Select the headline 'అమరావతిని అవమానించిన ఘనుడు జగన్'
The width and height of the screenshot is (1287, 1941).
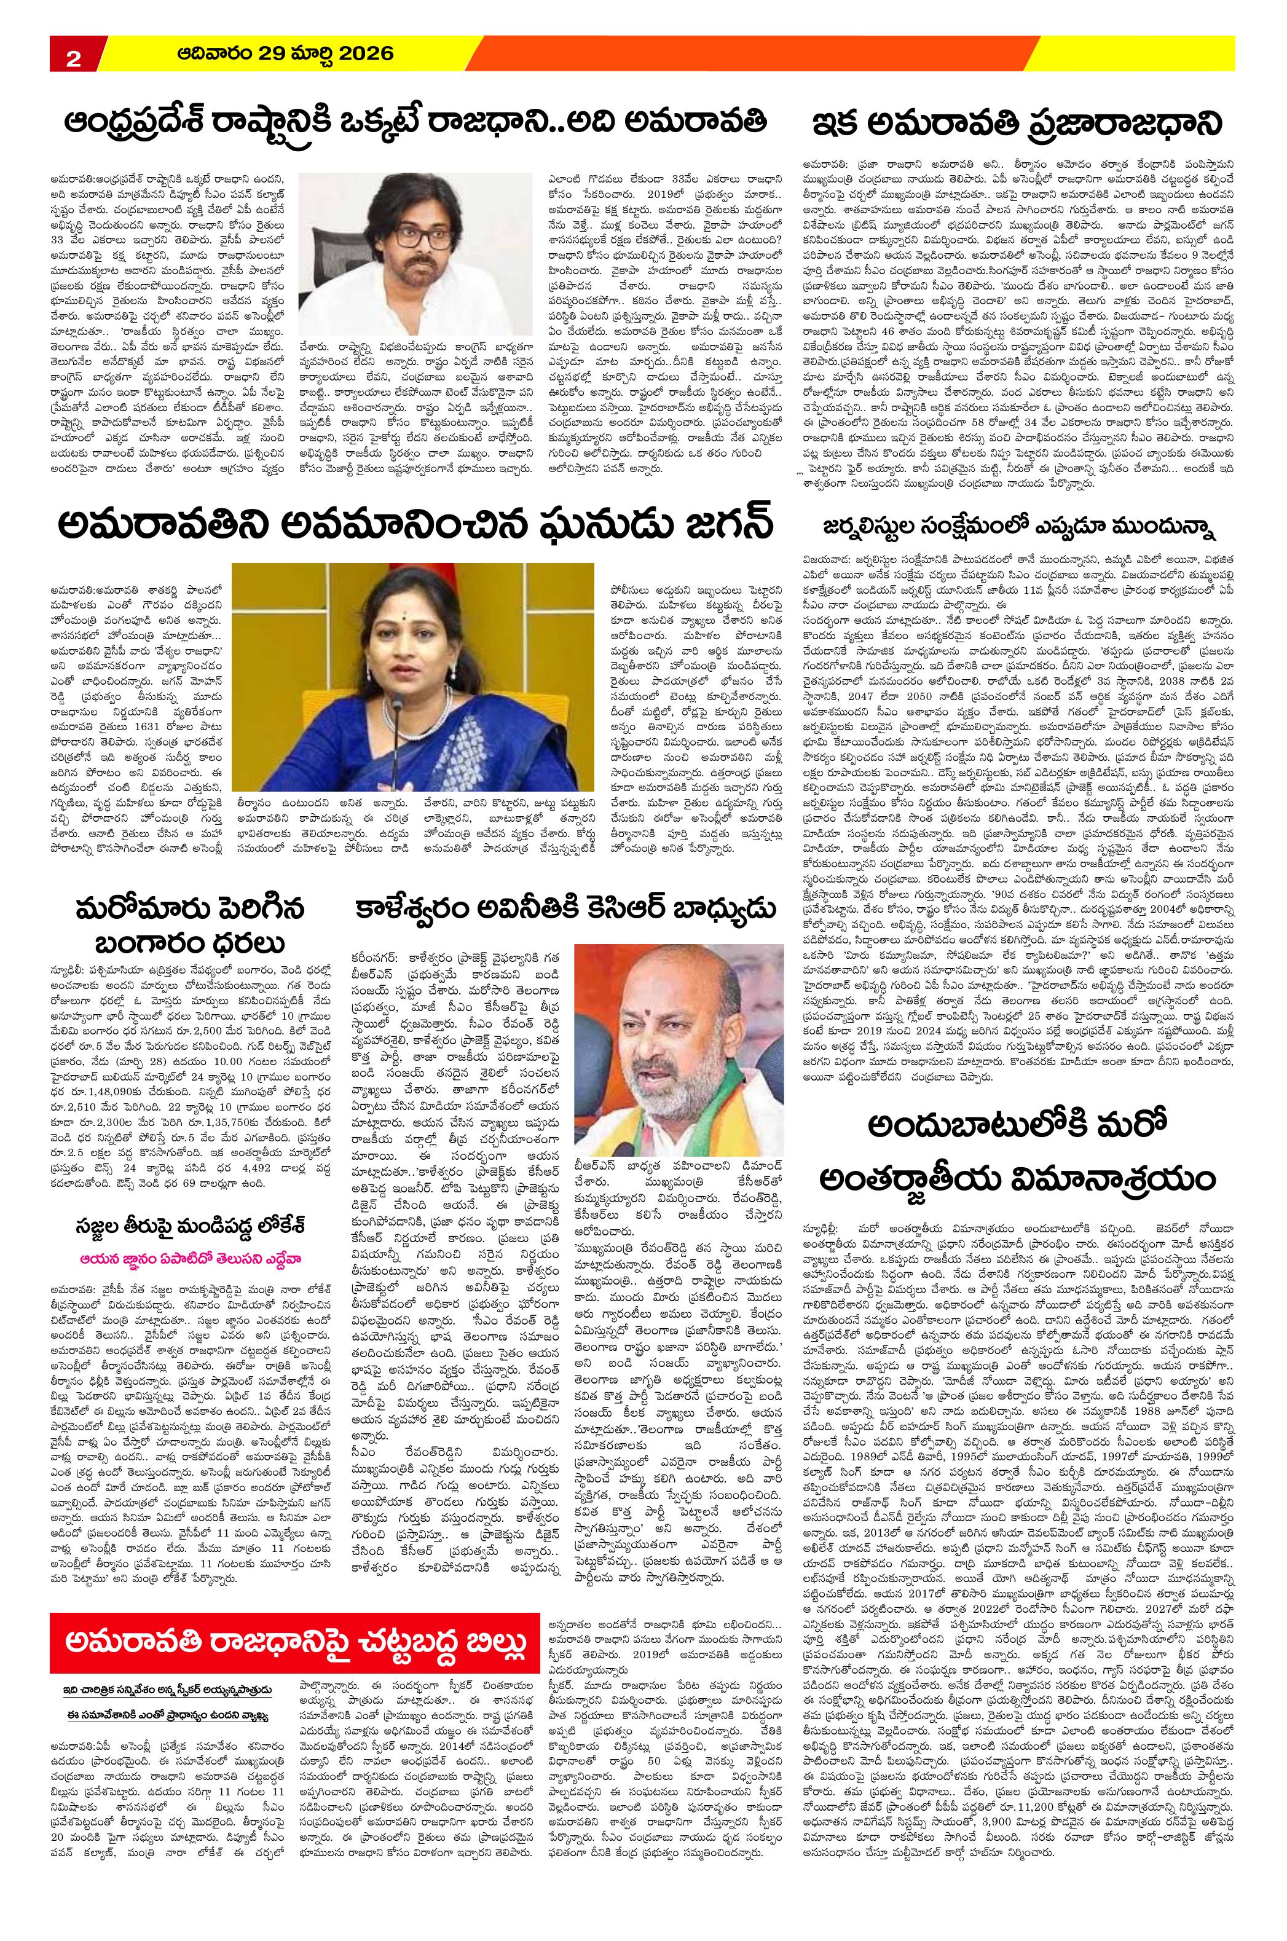click(414, 526)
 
